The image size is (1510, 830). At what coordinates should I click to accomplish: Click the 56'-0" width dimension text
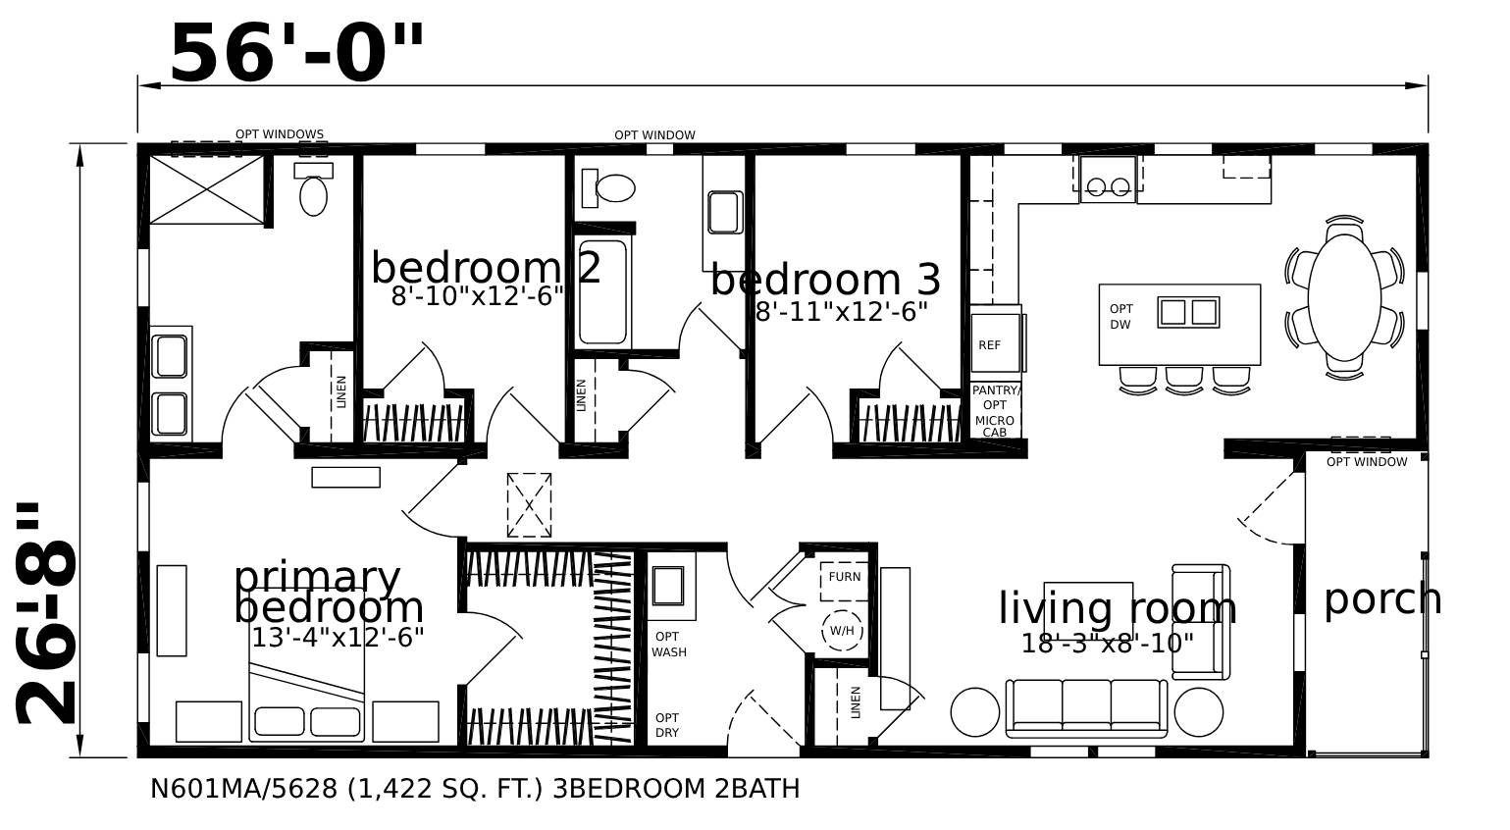click(296, 54)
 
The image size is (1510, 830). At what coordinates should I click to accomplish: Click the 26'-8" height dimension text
click(47, 615)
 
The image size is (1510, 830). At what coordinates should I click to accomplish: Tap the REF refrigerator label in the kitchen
click(989, 345)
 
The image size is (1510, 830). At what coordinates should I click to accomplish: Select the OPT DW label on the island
click(1120, 317)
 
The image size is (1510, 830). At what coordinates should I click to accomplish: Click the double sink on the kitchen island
click(1187, 312)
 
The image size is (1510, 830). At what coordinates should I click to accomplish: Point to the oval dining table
click(1343, 297)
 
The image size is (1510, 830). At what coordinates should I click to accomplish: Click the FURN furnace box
click(844, 577)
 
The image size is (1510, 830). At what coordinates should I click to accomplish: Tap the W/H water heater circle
click(842, 631)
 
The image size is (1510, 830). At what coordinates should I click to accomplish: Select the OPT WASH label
click(669, 645)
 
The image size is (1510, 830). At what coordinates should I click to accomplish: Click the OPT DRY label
click(667, 725)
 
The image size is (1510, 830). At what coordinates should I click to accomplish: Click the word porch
click(1381, 598)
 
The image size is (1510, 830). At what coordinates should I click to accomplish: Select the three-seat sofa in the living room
click(1086, 707)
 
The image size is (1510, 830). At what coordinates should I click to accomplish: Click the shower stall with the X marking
click(206, 188)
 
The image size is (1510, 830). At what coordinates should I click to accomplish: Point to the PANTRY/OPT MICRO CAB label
click(995, 411)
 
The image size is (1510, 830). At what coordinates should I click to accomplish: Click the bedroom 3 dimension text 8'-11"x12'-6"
click(841, 312)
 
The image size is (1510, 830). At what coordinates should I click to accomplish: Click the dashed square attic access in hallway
click(529, 505)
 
